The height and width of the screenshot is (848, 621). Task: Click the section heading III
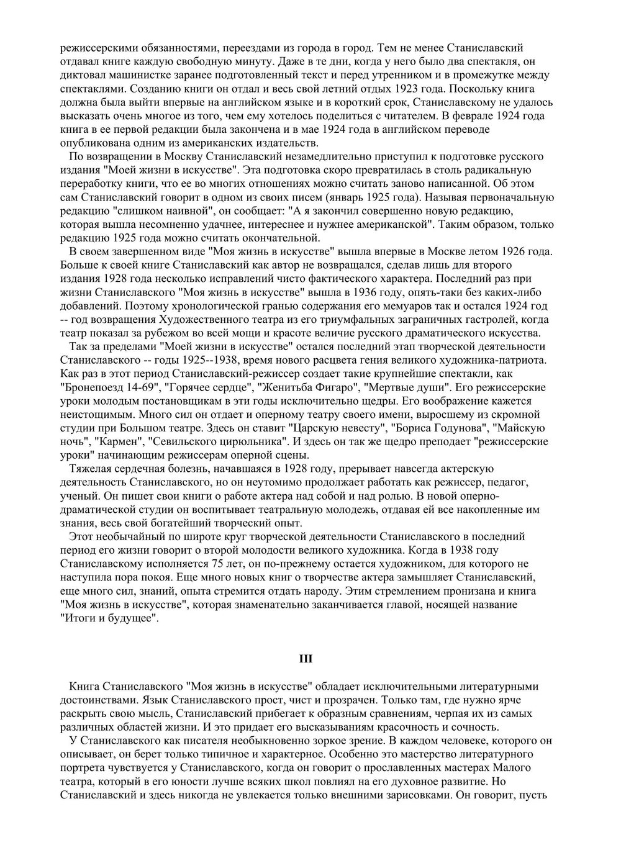[306, 659]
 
